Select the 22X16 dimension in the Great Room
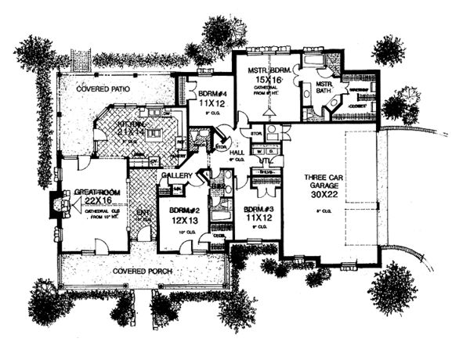tap(89, 200)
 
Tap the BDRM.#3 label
tap(258, 210)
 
